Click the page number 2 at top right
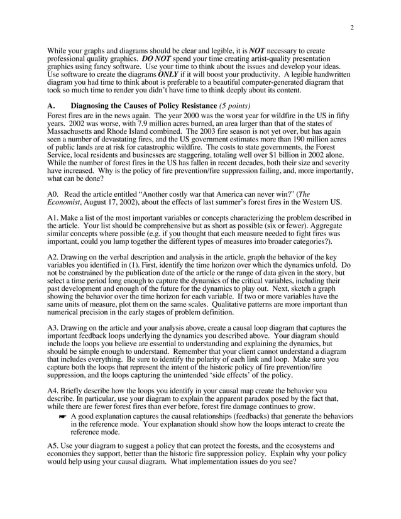click(x=351, y=27)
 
